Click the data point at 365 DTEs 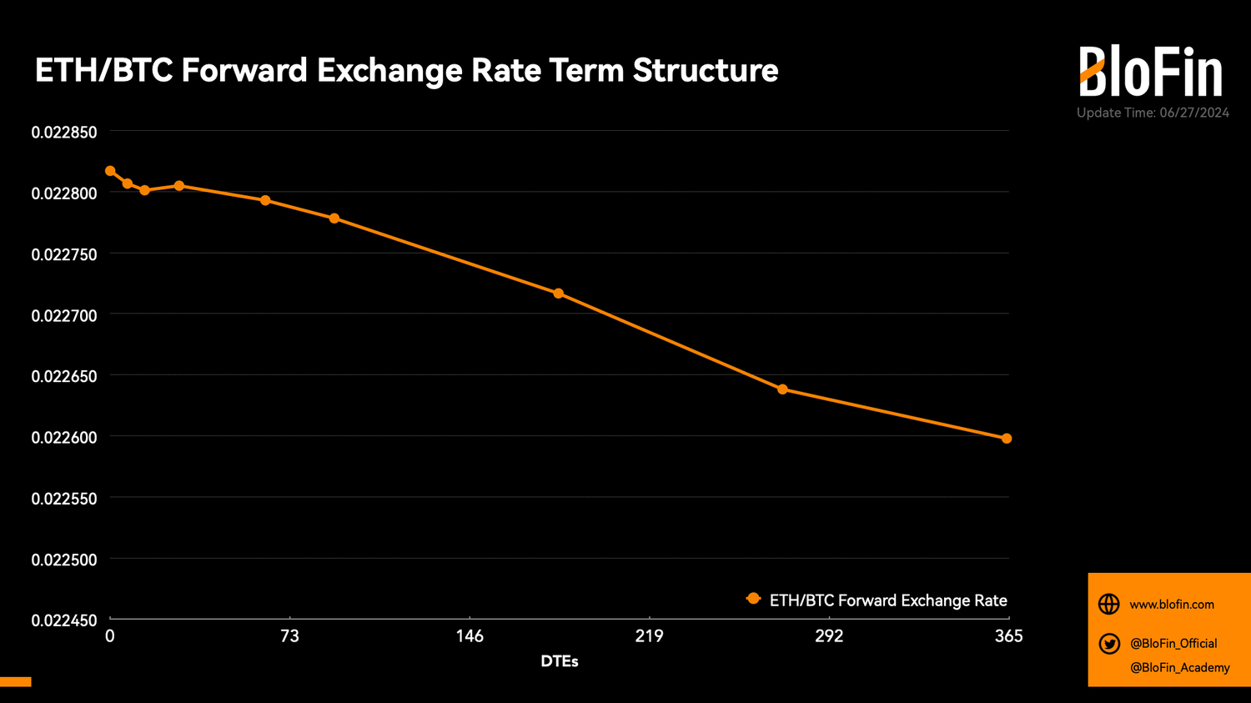point(1007,439)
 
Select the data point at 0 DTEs point(110,171)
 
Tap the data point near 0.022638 point(782,389)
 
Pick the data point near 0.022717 point(559,294)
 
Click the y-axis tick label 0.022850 point(64,133)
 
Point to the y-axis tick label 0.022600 point(64,438)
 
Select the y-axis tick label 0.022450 point(64,620)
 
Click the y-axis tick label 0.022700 point(64,315)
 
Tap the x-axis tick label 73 point(289,636)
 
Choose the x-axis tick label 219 point(649,636)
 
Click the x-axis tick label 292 point(829,636)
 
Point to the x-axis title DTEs point(560,661)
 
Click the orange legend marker point(753,599)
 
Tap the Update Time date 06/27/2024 point(1193,113)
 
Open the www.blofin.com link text point(1172,605)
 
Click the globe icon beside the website point(1109,604)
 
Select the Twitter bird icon point(1109,643)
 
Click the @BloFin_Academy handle point(1179,667)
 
